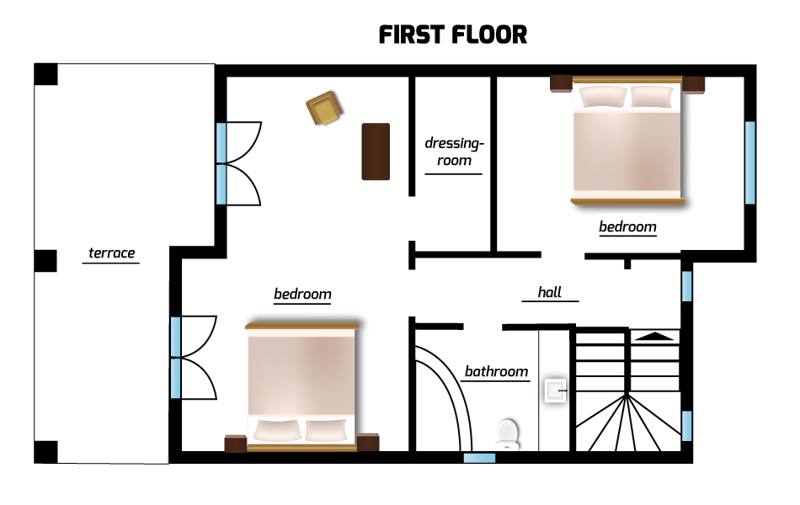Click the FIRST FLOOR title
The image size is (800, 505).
click(452, 35)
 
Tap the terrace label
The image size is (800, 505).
click(112, 253)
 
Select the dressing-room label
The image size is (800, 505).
click(454, 151)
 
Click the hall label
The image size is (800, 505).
click(550, 292)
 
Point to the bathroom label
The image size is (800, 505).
click(497, 371)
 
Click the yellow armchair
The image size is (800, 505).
click(324, 108)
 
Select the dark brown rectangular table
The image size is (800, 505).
click(376, 151)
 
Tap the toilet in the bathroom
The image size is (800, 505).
click(507, 434)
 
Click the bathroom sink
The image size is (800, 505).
click(555, 391)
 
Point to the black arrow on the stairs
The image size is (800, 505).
click(654, 336)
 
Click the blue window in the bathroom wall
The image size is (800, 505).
click(479, 458)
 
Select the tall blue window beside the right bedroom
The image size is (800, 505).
click(750, 162)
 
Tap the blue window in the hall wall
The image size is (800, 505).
click(686, 286)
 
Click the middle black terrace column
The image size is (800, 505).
click(45, 261)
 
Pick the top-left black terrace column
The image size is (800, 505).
click(46, 74)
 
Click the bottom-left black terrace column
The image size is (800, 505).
click(45, 452)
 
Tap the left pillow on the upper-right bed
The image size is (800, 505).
click(603, 97)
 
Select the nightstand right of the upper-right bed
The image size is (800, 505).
click(693, 85)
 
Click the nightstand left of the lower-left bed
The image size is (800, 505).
click(236, 444)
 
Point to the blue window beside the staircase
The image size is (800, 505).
click(686, 426)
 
